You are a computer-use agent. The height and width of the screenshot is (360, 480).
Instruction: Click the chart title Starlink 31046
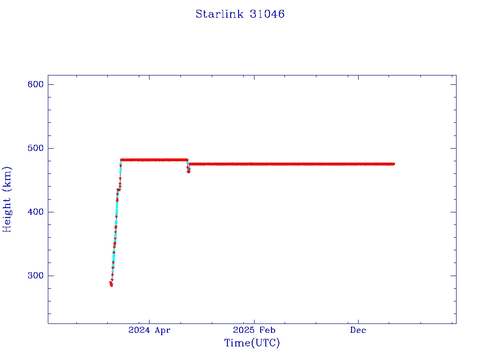point(240,14)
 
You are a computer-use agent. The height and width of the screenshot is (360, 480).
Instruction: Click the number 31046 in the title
point(267,14)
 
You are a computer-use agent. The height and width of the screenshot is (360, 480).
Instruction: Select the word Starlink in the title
point(219,14)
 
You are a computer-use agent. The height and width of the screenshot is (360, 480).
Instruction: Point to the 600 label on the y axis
point(35,84)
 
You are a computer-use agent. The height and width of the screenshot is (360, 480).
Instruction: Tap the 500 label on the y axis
point(35,148)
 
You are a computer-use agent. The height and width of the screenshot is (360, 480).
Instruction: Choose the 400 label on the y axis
point(35,212)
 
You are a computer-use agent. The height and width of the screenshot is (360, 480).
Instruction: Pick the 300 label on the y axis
point(35,276)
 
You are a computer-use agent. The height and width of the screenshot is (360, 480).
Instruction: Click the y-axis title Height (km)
point(7,199)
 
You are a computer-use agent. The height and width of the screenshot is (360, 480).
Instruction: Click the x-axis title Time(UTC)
point(252,343)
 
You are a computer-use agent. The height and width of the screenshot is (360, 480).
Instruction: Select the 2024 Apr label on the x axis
point(149,330)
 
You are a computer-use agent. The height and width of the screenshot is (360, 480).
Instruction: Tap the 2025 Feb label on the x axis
point(254,330)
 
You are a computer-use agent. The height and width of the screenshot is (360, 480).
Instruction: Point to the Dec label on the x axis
point(358,330)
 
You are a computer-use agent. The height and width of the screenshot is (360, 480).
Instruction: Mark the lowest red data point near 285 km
point(111,285)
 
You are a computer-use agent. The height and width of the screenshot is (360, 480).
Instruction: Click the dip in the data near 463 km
point(188,172)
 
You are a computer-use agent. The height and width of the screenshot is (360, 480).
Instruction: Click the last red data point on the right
point(393,164)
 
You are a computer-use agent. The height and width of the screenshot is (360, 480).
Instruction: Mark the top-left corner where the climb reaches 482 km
point(121,160)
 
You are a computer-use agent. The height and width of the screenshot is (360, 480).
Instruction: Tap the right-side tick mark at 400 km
point(453,212)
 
